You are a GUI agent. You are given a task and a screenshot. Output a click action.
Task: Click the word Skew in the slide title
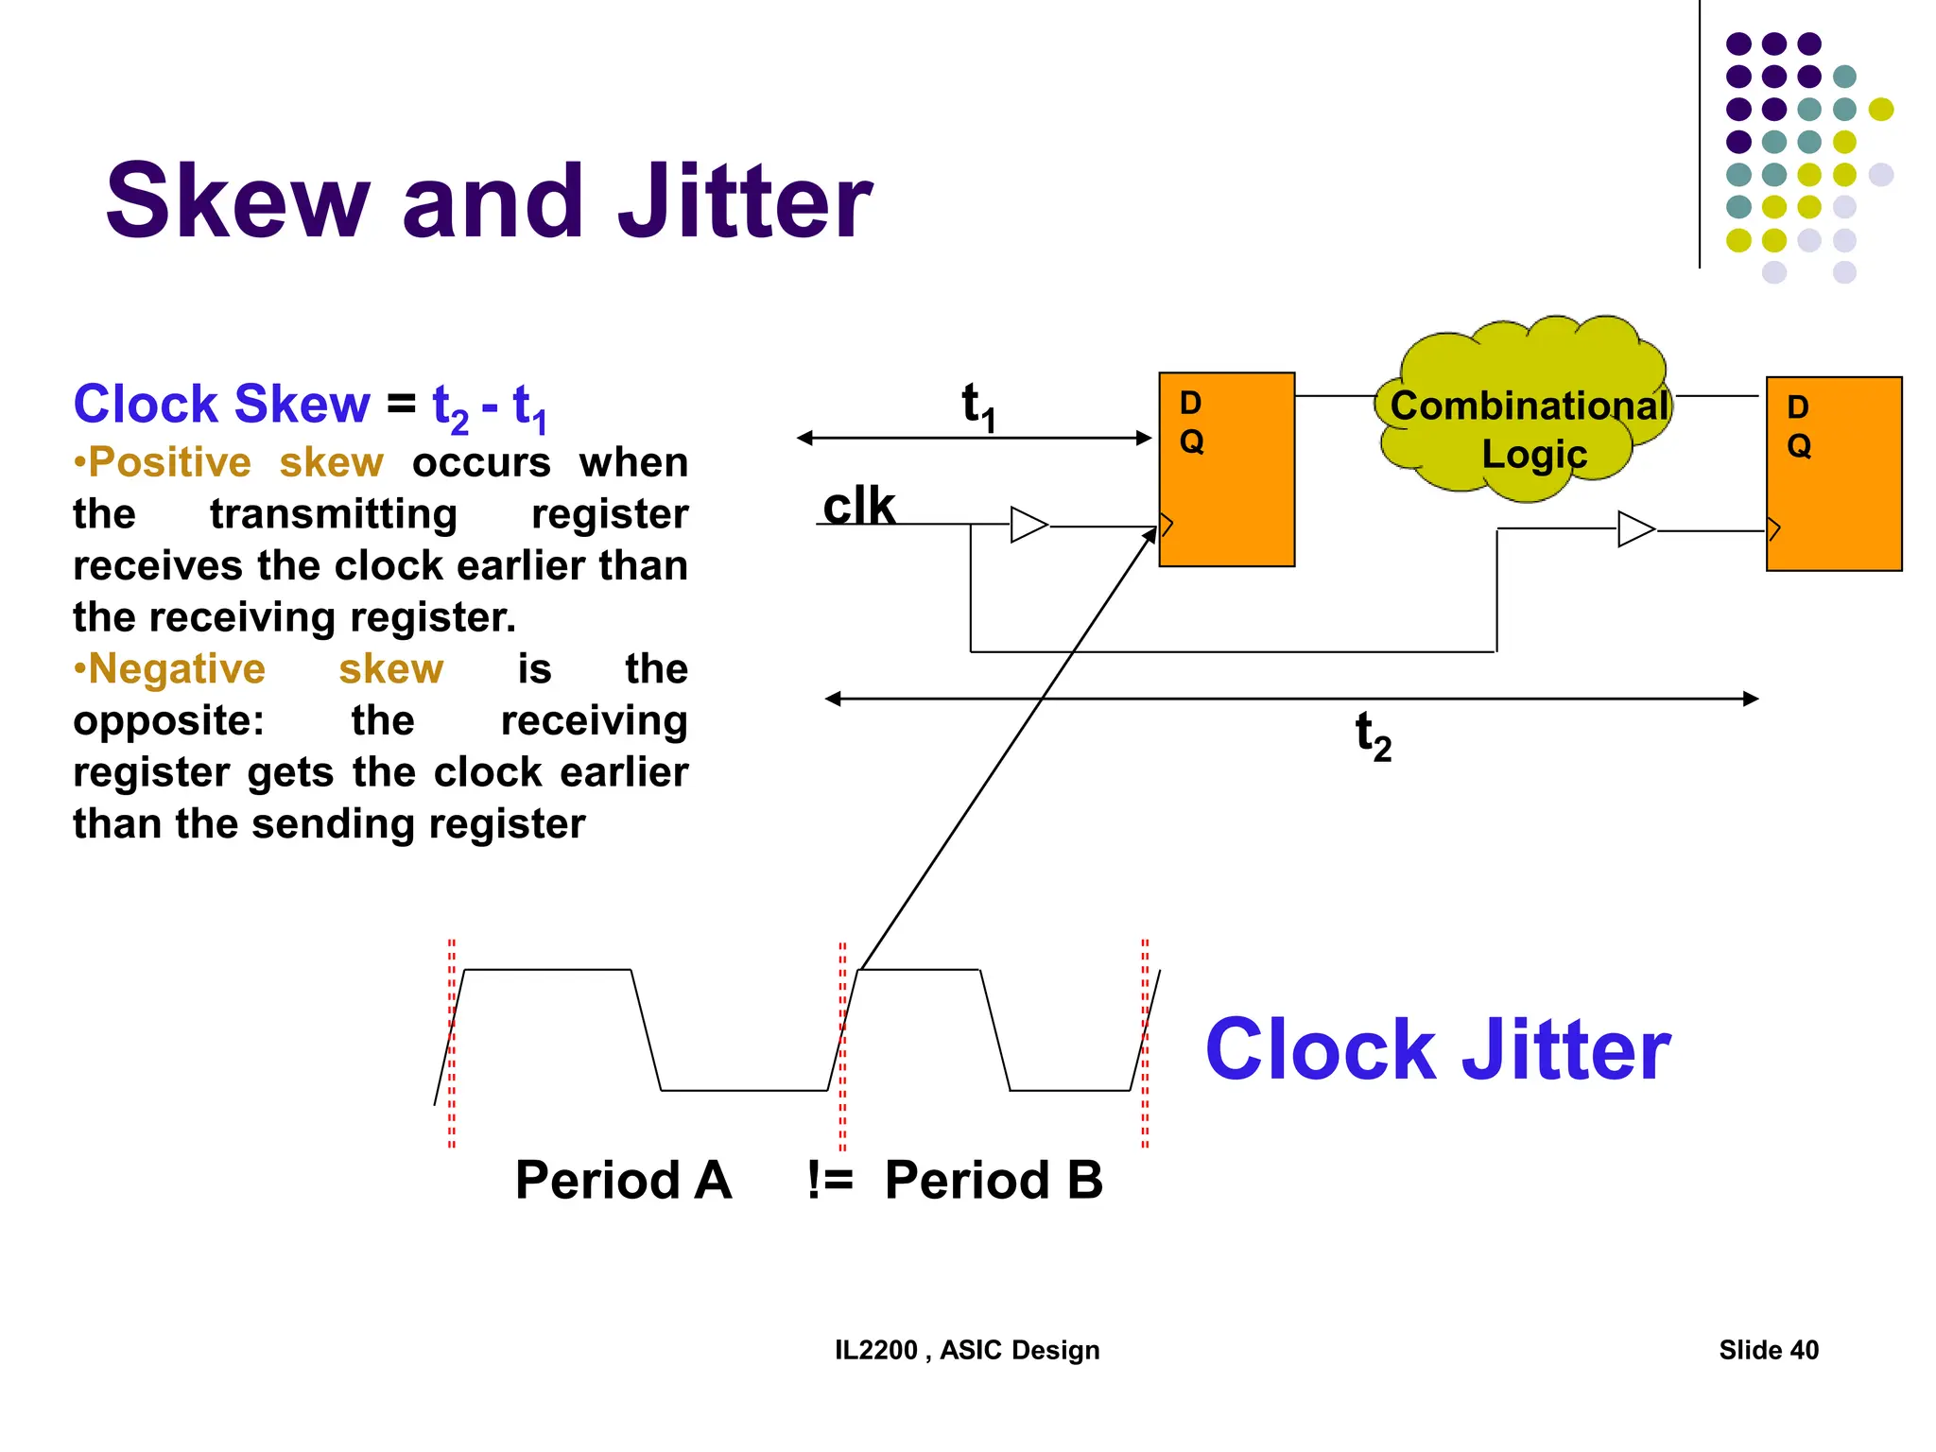tap(237, 201)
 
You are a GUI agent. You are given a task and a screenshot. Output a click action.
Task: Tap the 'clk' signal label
tap(857, 506)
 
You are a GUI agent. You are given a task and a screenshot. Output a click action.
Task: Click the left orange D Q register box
tap(1226, 470)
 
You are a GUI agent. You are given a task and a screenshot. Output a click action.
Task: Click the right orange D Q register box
tap(1833, 474)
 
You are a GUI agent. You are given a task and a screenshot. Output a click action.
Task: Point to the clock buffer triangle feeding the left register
tap(1028, 525)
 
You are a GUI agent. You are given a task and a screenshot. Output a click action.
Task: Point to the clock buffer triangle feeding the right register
tap(1635, 529)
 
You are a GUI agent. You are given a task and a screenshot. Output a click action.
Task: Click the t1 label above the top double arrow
tap(977, 406)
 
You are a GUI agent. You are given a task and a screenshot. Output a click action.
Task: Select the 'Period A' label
tap(623, 1180)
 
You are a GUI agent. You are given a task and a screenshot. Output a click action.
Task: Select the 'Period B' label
tap(994, 1180)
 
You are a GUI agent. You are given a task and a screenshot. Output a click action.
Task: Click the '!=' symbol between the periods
tap(830, 1180)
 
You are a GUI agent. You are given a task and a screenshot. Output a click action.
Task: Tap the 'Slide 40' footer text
tap(1768, 1350)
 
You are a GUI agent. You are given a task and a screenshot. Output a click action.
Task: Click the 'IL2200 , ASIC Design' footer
tap(966, 1350)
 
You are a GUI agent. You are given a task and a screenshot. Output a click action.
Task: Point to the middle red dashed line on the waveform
tap(842, 1045)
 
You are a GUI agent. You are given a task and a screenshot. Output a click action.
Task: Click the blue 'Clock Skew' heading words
tap(221, 405)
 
